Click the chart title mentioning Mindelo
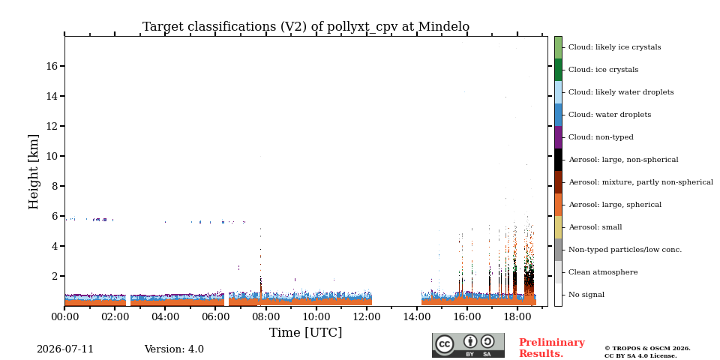coord(306,27)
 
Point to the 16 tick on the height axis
coord(52,66)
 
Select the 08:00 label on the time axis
coord(265,316)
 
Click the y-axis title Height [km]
coord(34,172)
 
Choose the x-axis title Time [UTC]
coord(305,332)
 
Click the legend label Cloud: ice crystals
coord(603,70)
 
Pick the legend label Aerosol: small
coord(595,227)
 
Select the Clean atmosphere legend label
coord(603,272)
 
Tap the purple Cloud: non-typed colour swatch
coord(558,137)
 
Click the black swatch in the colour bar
coord(558,160)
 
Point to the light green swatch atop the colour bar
coord(558,47)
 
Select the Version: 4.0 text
coord(174,349)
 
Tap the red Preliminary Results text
coord(552,348)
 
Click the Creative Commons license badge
coord(468,345)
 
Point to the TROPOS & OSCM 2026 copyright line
coord(647,349)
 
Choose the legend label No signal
coord(586,295)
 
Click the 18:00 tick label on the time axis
coord(517,316)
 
